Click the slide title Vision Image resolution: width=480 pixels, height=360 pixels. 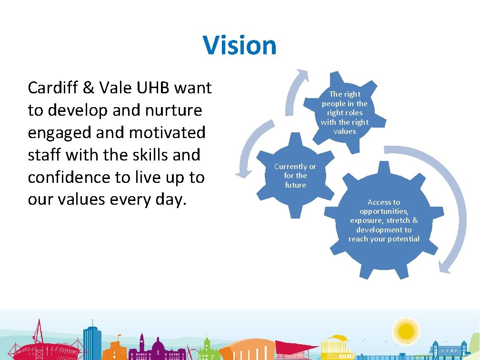click(240, 45)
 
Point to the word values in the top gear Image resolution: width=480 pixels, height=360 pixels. click(344, 131)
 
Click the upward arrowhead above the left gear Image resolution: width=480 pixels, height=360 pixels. click(301, 76)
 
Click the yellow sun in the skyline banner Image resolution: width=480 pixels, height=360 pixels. click(406, 330)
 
